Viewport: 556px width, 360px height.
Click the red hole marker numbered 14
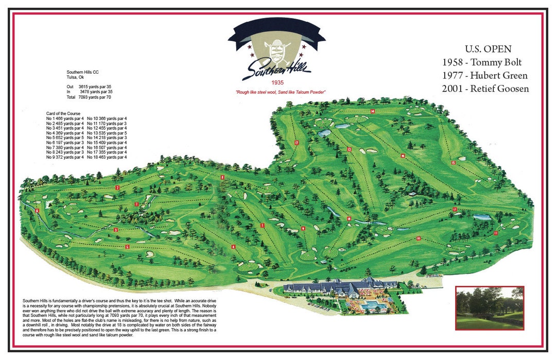pos(372,111)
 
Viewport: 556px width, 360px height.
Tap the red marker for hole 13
pos(349,149)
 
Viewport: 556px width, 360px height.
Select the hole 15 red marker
pos(453,163)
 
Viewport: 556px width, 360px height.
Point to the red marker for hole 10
pos(419,238)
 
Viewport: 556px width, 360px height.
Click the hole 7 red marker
pos(117,187)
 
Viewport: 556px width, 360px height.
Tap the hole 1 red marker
pos(263,225)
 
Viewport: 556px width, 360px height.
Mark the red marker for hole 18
pos(349,219)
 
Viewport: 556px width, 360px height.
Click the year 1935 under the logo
pos(276,82)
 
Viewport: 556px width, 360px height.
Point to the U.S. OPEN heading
pos(488,49)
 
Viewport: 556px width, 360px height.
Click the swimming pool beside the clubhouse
pos(369,306)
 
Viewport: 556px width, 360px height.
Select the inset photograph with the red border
pos(490,307)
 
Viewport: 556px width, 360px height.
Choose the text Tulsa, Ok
pos(75,77)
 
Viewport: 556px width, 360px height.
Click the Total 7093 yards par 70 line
pos(89,97)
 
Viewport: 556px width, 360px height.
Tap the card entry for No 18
pos(107,157)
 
